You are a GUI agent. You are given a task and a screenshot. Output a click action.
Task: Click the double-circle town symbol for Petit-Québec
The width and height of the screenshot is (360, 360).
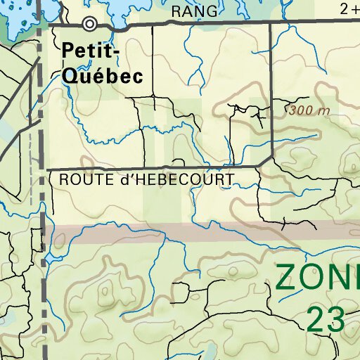89,24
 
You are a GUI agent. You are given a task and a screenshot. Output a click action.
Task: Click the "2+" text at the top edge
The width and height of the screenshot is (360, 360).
348,9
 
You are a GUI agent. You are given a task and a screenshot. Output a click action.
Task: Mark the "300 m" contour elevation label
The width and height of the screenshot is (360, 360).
309,110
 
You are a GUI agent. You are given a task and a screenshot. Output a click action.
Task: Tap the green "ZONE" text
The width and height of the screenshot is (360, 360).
316,276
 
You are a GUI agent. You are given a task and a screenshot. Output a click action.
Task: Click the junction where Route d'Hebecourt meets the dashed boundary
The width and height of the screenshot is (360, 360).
44,169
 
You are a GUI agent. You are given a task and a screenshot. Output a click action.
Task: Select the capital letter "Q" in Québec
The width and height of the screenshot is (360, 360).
70,76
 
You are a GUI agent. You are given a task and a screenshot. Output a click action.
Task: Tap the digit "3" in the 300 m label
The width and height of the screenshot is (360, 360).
292,110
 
